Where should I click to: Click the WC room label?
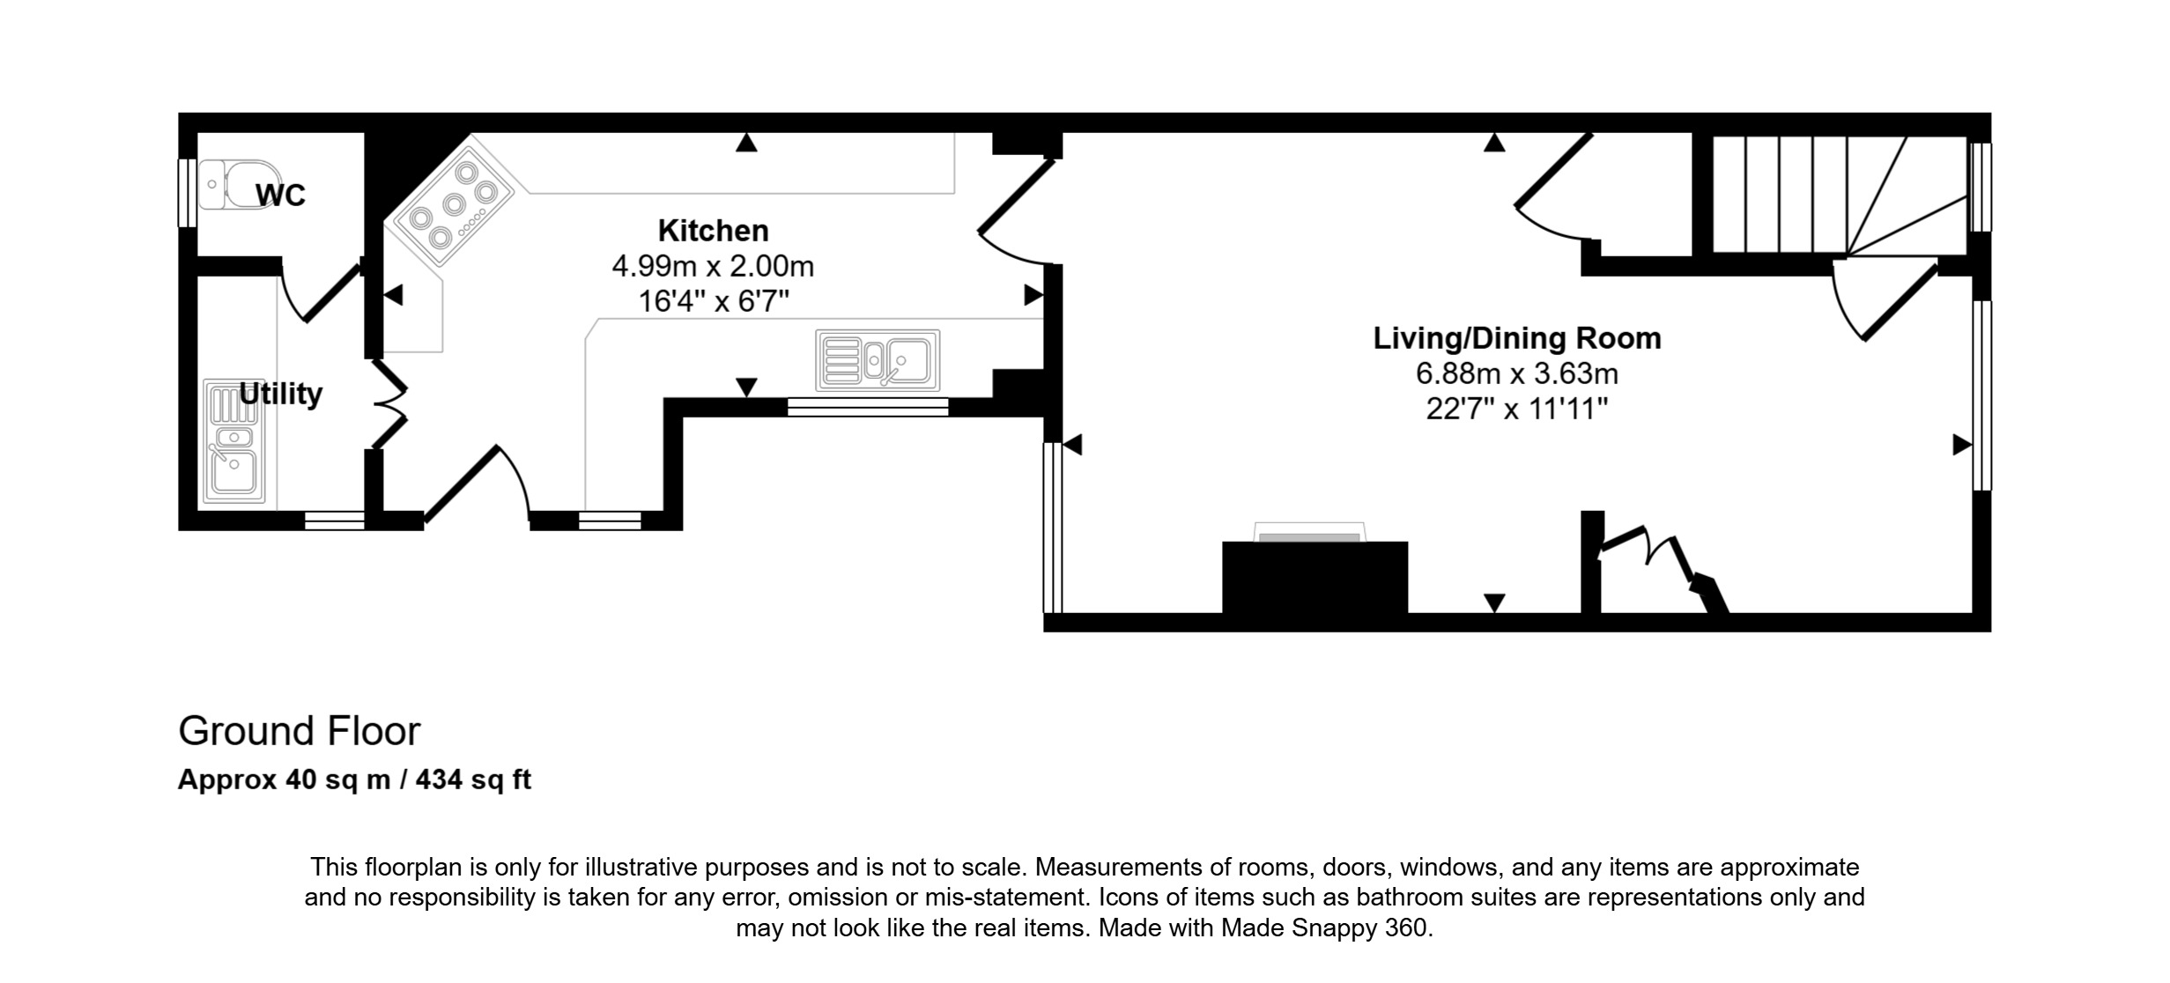click(x=280, y=195)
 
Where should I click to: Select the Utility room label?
click(x=280, y=393)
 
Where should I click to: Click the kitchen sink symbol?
click(x=878, y=360)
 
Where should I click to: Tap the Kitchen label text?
click(x=714, y=231)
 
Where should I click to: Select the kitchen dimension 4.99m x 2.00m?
click(x=714, y=266)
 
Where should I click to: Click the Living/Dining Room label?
click(x=1517, y=338)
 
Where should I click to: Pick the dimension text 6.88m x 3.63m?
click(x=1517, y=373)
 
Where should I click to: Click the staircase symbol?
click(x=1840, y=195)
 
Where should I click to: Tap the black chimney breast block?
click(x=1315, y=577)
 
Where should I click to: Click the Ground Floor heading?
click(x=300, y=731)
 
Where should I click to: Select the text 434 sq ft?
click(x=473, y=780)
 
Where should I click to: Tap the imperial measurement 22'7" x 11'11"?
click(x=1517, y=410)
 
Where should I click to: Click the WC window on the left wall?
click(x=187, y=193)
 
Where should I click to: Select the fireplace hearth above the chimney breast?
click(x=1310, y=532)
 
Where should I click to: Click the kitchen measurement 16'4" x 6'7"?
click(x=714, y=302)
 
